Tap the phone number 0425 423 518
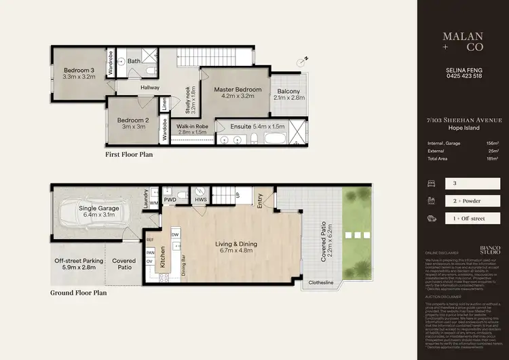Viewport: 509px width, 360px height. click(463, 76)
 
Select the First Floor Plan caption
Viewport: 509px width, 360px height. click(129, 155)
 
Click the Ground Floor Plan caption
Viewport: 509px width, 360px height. click(79, 293)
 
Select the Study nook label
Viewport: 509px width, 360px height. click(191, 98)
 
